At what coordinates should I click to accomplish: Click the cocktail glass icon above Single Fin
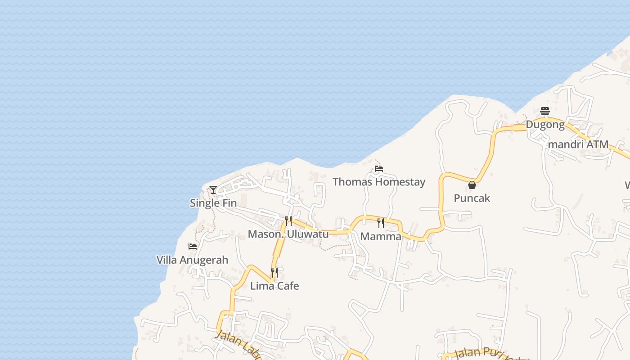click(x=213, y=190)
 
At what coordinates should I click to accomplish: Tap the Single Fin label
click(x=213, y=203)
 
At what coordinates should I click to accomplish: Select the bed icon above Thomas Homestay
click(x=379, y=169)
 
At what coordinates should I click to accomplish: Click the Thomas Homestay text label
click(x=379, y=182)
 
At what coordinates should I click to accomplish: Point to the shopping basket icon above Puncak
click(x=472, y=185)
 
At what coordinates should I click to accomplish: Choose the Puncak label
click(x=472, y=198)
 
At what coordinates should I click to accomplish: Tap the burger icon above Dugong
click(x=545, y=111)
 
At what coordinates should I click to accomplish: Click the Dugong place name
click(x=545, y=125)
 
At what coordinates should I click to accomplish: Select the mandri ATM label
click(x=579, y=144)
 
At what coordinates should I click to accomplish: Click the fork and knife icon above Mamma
click(x=381, y=223)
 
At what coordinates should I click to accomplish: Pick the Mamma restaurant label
click(x=381, y=237)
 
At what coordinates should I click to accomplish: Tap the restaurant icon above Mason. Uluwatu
click(x=288, y=221)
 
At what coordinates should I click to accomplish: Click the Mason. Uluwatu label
click(x=288, y=234)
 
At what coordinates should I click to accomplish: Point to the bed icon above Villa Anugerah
click(x=193, y=247)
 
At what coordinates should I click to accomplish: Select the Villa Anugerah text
click(x=192, y=260)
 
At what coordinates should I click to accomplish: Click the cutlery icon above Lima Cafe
click(x=274, y=273)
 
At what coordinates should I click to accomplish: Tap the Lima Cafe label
click(x=274, y=286)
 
